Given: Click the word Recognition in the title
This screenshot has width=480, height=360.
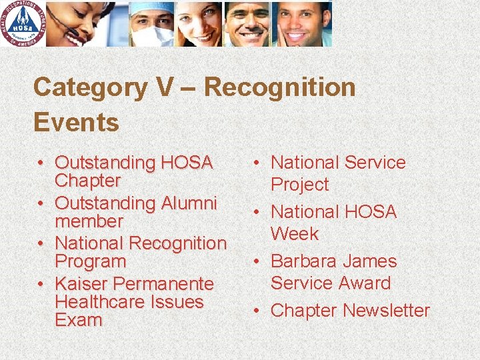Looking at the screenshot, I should click(x=279, y=87).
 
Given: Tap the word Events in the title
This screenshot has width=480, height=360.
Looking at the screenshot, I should click(x=76, y=123).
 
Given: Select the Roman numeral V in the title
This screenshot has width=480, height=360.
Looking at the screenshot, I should click(x=155, y=87).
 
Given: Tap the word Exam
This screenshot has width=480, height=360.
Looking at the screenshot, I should click(x=78, y=320).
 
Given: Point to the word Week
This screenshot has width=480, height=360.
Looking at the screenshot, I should click(x=294, y=234).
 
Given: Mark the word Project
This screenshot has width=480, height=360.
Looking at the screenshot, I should click(x=299, y=185).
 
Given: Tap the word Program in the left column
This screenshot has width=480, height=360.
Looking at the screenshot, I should click(x=90, y=261).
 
